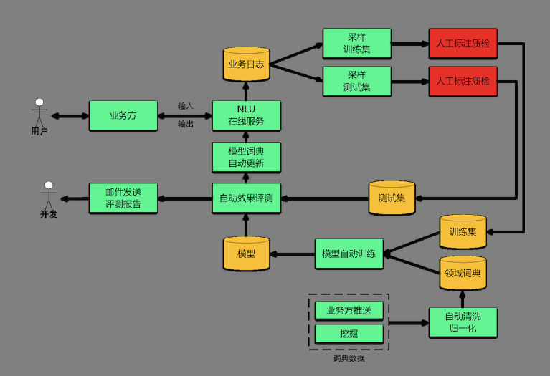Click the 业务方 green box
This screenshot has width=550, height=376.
[123, 115]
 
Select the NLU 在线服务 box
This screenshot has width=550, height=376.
[246, 115]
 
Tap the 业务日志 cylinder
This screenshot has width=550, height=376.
[246, 64]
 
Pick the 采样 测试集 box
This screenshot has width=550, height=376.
[356, 81]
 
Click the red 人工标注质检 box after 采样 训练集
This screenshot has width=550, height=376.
[463, 43]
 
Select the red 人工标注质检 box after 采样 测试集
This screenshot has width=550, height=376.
[463, 81]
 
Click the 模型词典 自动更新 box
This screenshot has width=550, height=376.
[246, 157]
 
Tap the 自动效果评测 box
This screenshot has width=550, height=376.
[246, 198]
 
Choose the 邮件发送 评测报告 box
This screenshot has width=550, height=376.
[123, 198]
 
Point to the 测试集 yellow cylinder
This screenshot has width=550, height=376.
[392, 198]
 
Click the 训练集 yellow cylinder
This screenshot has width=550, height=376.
[463, 231]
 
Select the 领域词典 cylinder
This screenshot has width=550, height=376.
[463, 273]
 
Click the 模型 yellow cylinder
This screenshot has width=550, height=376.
[246, 254]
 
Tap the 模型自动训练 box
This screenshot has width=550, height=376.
[349, 254]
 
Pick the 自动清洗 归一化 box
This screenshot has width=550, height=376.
[463, 322]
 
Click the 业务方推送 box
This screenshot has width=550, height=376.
[349, 311]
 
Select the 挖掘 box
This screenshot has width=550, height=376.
[349, 334]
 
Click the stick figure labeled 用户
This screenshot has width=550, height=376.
[39, 115]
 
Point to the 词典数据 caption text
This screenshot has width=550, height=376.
[349, 358]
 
